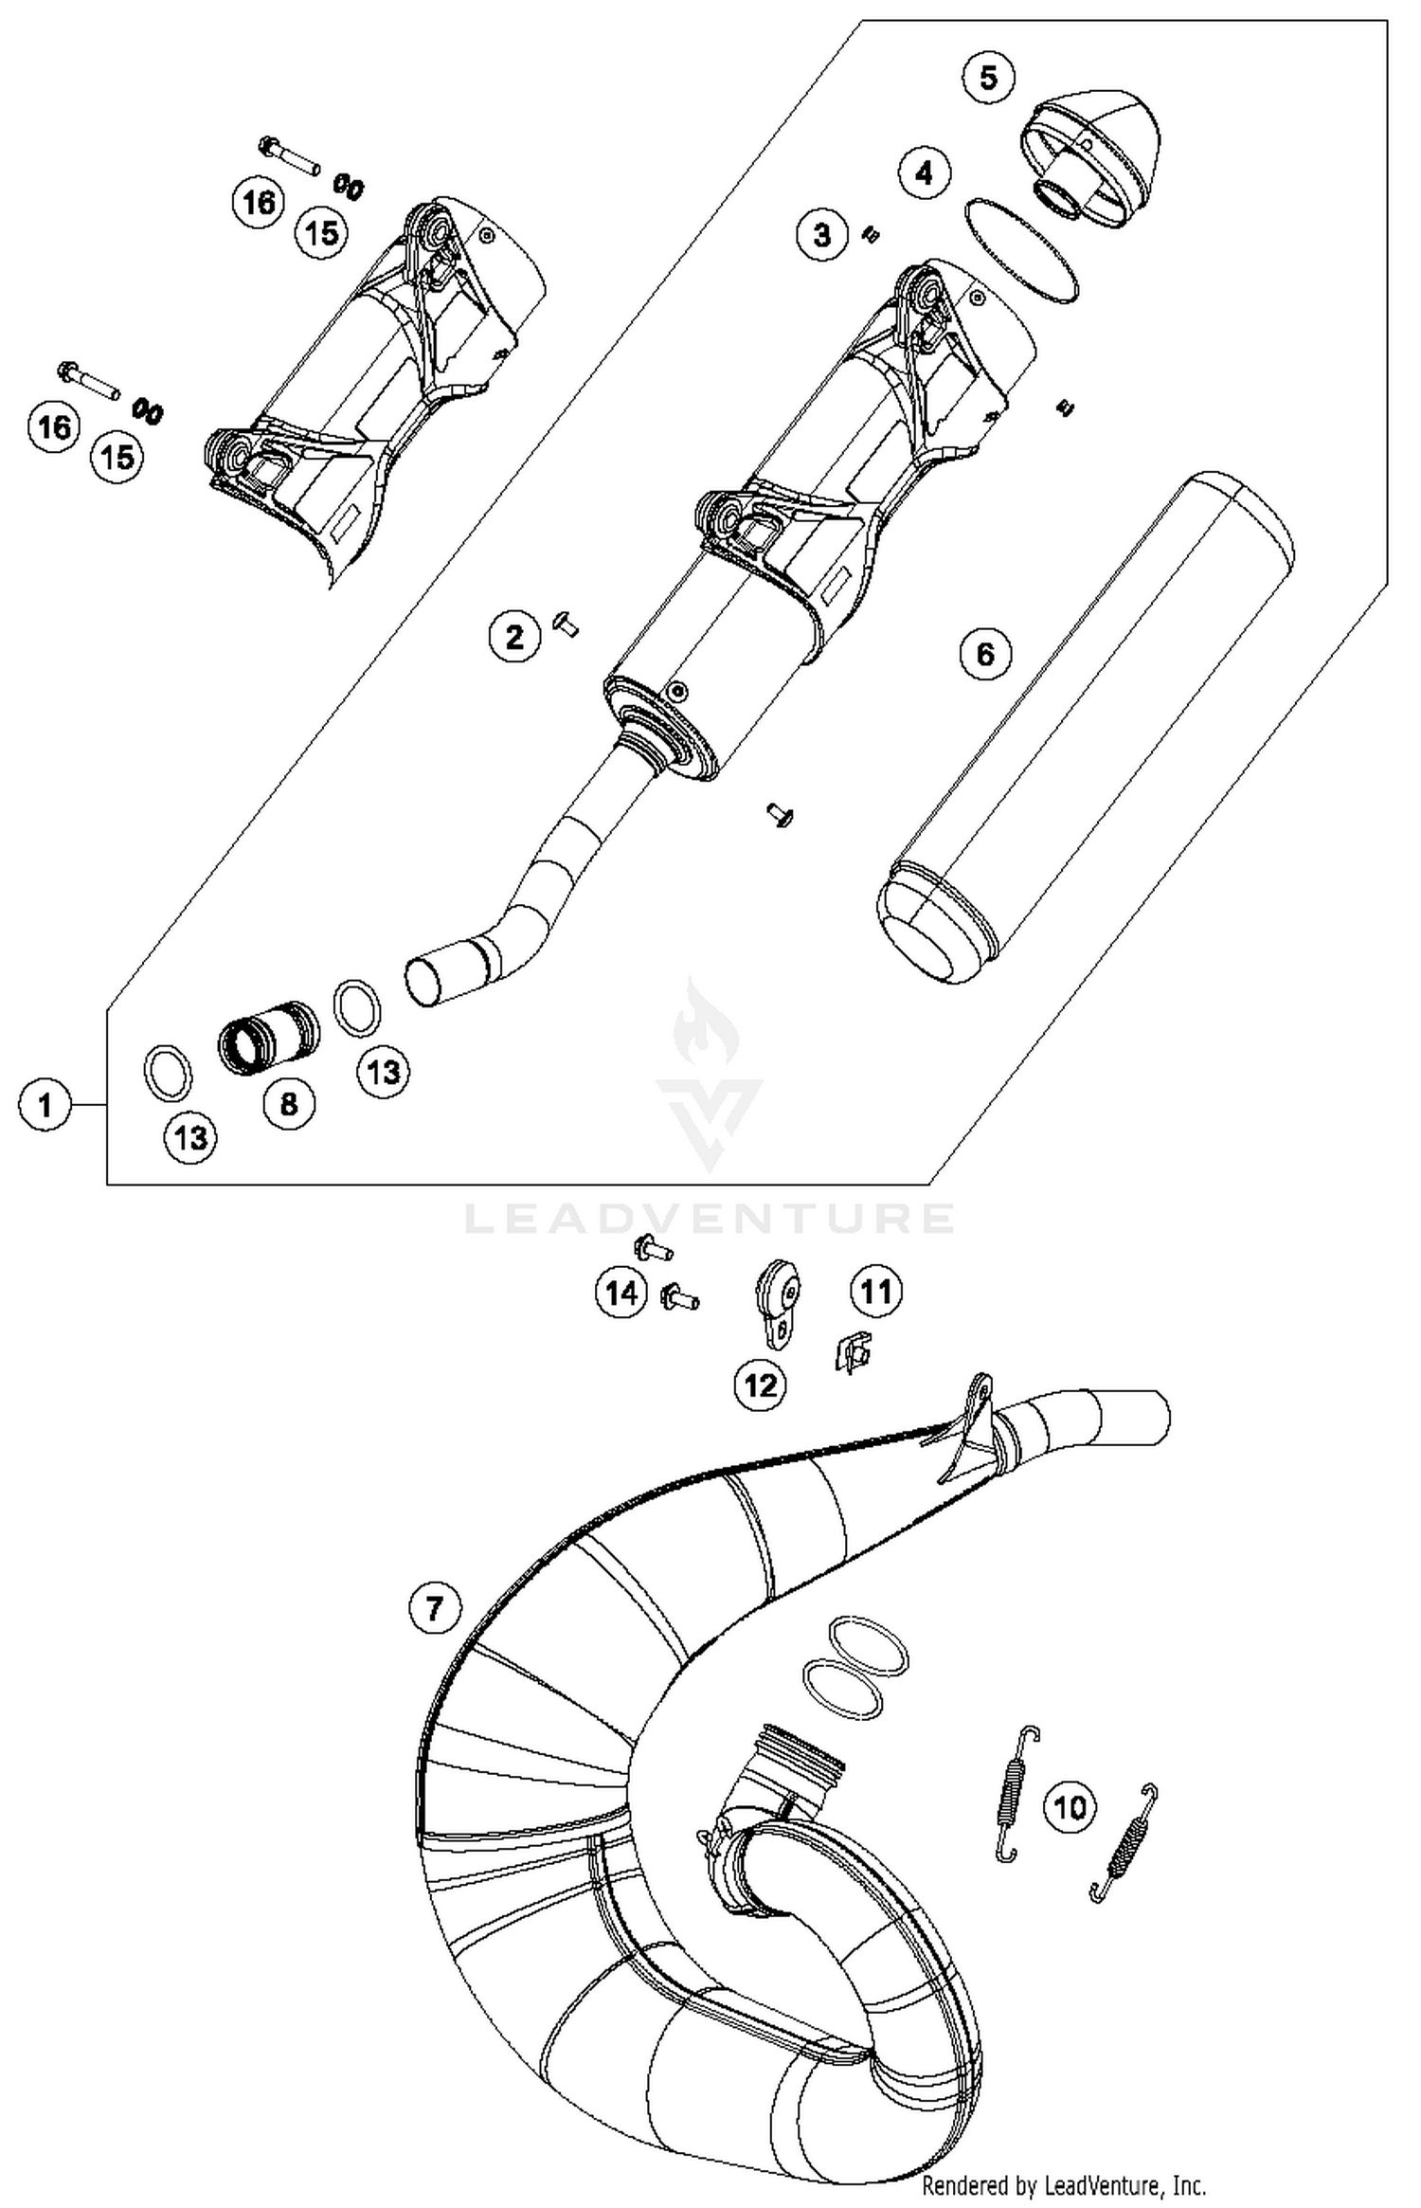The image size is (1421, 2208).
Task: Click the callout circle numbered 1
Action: click(x=45, y=1105)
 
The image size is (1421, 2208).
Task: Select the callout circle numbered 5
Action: click(x=988, y=77)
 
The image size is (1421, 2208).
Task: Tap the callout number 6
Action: click(x=985, y=653)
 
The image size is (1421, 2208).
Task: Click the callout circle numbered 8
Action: click(x=289, y=1103)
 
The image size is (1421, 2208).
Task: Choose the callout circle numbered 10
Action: click(x=1070, y=1807)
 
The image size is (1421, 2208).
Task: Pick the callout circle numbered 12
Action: click(x=761, y=1385)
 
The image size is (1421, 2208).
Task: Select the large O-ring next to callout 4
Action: click(x=1021, y=251)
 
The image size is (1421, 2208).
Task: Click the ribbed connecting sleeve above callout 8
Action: click(x=268, y=1038)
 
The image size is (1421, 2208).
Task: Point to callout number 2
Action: click(x=514, y=636)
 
